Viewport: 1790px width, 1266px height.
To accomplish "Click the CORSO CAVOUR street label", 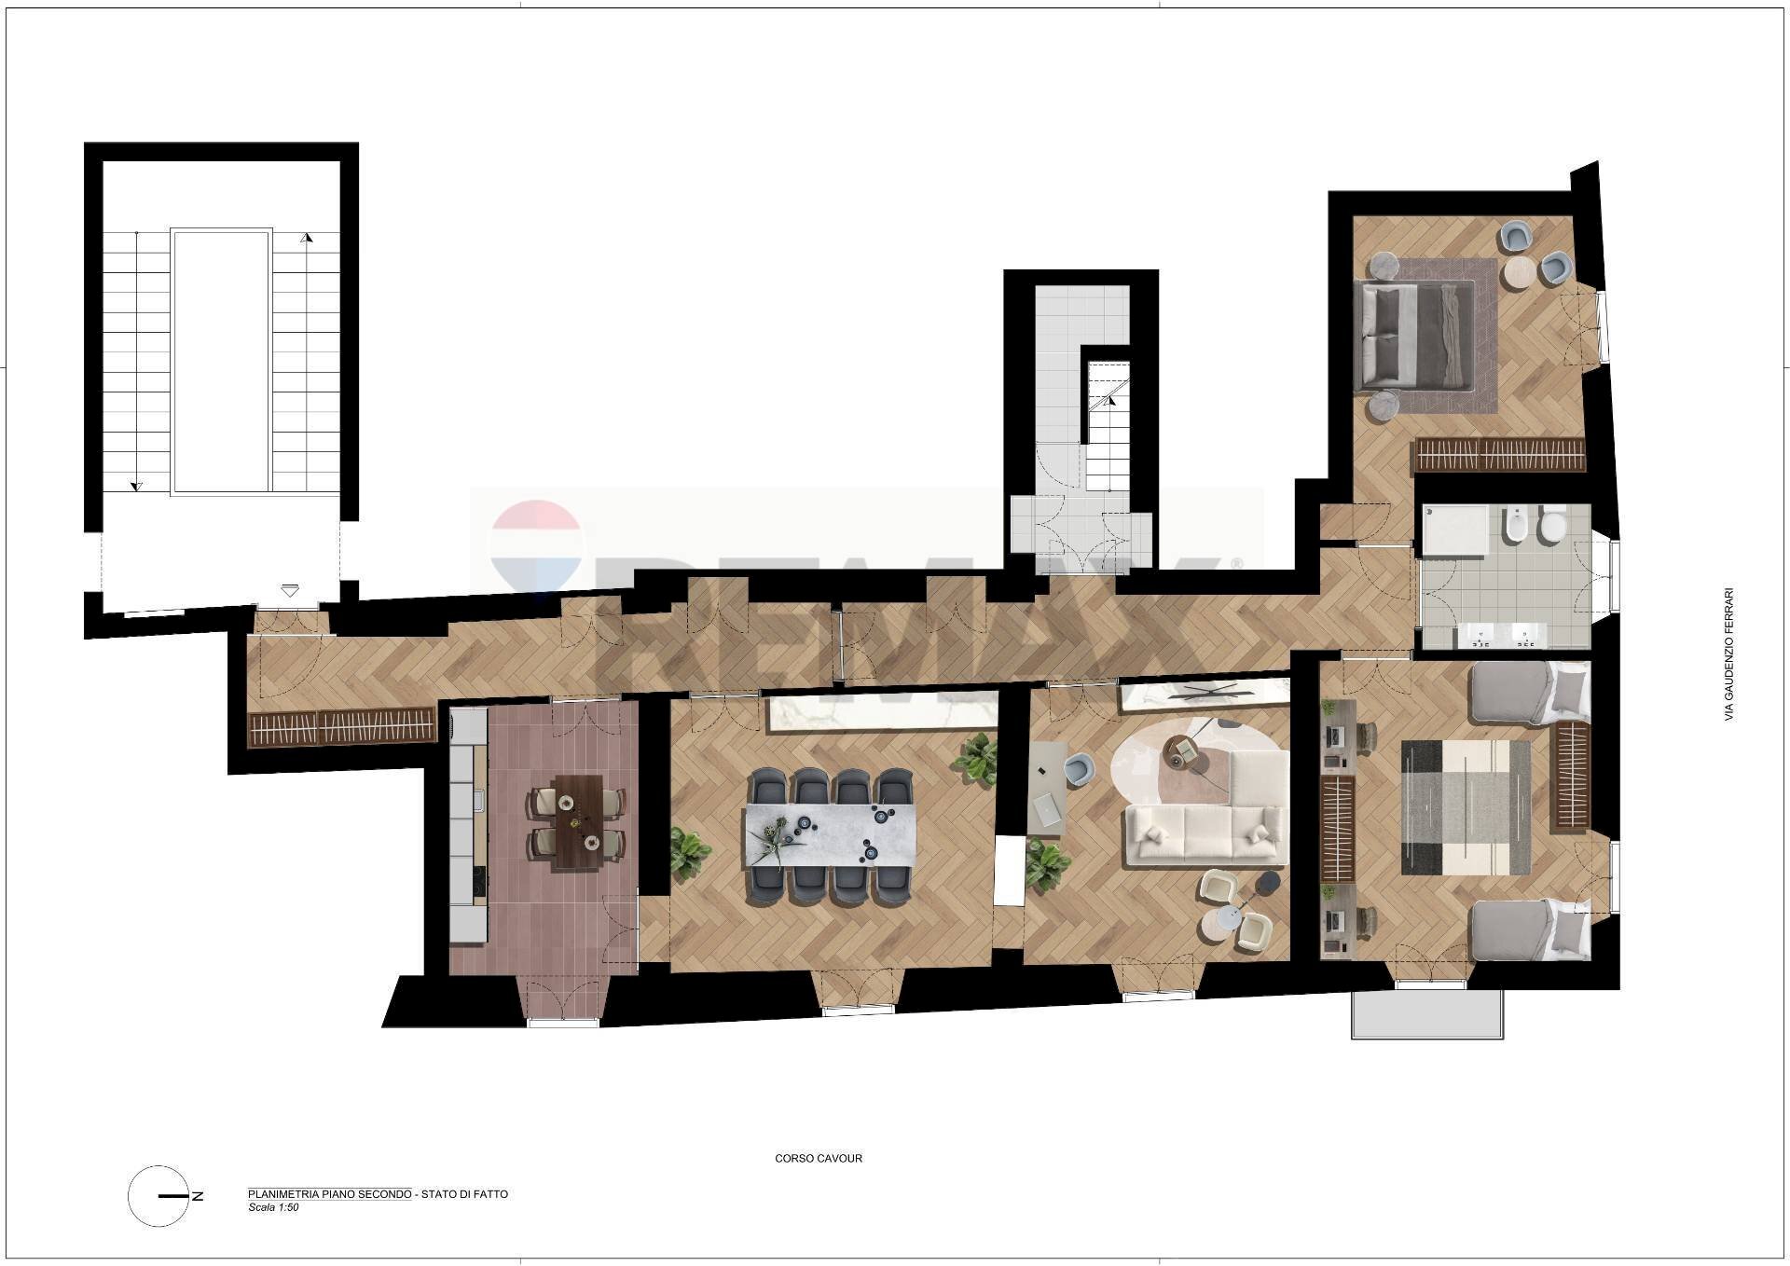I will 819,1159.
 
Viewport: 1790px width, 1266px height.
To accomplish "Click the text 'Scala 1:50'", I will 273,1207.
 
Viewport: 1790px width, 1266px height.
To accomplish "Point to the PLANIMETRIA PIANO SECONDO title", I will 329,1194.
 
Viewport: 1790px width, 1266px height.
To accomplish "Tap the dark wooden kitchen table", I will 576,822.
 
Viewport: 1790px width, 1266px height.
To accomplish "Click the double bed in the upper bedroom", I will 1413,336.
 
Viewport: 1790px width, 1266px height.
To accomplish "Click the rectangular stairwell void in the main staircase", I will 222,361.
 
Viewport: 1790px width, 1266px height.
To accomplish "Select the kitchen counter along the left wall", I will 468,825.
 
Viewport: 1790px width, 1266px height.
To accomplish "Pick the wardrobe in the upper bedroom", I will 1499,456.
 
